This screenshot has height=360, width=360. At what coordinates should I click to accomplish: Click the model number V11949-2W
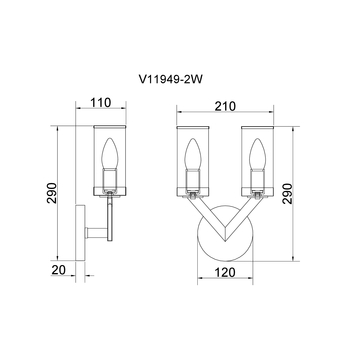(x=170, y=80)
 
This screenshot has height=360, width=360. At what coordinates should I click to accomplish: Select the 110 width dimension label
(x=101, y=103)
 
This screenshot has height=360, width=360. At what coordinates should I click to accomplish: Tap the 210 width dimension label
(x=225, y=106)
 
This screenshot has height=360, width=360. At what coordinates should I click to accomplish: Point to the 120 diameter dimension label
(x=225, y=272)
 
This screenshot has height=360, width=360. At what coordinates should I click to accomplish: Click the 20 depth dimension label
(x=59, y=270)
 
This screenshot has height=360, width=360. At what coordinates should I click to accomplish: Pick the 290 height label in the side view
(x=52, y=193)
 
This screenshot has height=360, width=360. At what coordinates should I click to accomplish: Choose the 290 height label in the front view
(x=287, y=194)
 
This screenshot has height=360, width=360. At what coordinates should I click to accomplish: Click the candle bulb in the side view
(x=110, y=154)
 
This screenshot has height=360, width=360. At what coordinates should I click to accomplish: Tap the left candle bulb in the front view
(x=193, y=154)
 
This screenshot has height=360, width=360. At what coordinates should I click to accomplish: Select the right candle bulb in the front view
(x=257, y=154)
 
